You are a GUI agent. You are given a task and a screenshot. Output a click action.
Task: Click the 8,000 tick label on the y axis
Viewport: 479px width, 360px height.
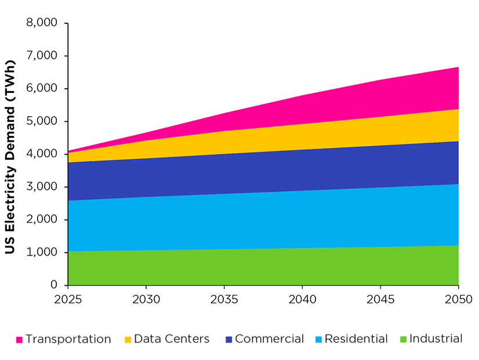tap(42, 23)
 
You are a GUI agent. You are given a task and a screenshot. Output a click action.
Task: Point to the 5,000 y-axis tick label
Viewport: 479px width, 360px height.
tap(42, 121)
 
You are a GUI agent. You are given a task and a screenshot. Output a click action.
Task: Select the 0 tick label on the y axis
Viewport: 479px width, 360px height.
tap(55, 285)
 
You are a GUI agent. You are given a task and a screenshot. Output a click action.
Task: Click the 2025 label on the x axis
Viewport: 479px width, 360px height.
tap(68, 299)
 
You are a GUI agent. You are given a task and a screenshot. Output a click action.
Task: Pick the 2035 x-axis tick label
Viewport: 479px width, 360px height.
tap(224, 299)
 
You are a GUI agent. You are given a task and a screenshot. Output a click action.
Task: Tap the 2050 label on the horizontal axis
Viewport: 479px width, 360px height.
tap(458, 299)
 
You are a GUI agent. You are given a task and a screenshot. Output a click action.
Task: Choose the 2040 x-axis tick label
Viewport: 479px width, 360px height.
tap(302, 299)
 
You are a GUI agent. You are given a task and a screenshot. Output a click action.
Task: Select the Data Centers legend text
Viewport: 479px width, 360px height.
tap(172, 339)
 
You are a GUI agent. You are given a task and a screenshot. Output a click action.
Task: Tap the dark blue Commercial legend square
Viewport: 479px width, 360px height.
tap(228, 339)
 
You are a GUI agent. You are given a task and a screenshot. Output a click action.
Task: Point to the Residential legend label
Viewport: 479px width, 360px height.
tap(356, 339)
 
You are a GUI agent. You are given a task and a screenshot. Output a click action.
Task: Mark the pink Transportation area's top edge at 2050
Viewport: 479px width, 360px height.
tap(458, 67)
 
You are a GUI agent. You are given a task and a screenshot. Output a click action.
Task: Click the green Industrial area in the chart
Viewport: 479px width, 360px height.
tap(261, 267)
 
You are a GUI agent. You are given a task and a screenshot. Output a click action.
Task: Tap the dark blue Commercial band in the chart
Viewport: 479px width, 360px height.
tap(261, 172)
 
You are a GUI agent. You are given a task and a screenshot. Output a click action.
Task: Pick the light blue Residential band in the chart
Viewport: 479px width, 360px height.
tap(261, 221)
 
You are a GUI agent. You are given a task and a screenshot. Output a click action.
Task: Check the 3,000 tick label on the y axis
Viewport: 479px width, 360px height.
tap(42, 187)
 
